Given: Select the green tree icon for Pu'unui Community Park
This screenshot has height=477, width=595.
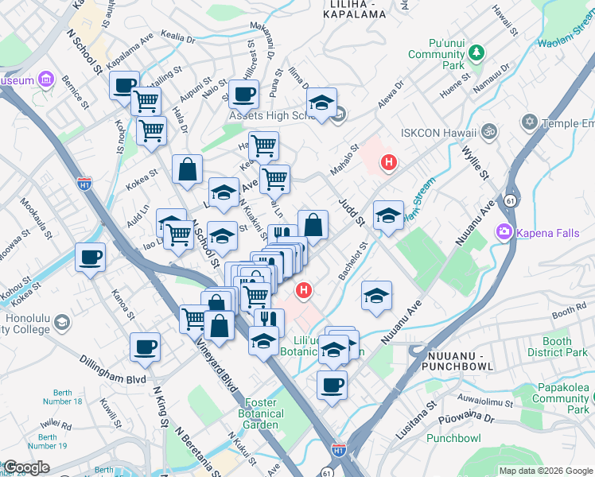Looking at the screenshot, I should click(x=476, y=53).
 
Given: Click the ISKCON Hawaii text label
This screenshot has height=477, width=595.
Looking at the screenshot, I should click(x=438, y=133).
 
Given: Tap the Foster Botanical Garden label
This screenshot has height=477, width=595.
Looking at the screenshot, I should click(x=261, y=413).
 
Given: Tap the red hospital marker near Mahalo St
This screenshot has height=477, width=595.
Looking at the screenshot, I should click(x=388, y=163).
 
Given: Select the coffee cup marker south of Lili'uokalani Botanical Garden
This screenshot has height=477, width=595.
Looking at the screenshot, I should click(x=332, y=385).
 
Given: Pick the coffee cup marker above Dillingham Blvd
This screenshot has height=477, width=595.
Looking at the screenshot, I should click(x=146, y=346).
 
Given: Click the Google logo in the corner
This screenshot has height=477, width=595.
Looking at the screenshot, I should click(x=27, y=467).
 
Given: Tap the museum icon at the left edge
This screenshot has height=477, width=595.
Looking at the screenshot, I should click(x=45, y=80).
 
